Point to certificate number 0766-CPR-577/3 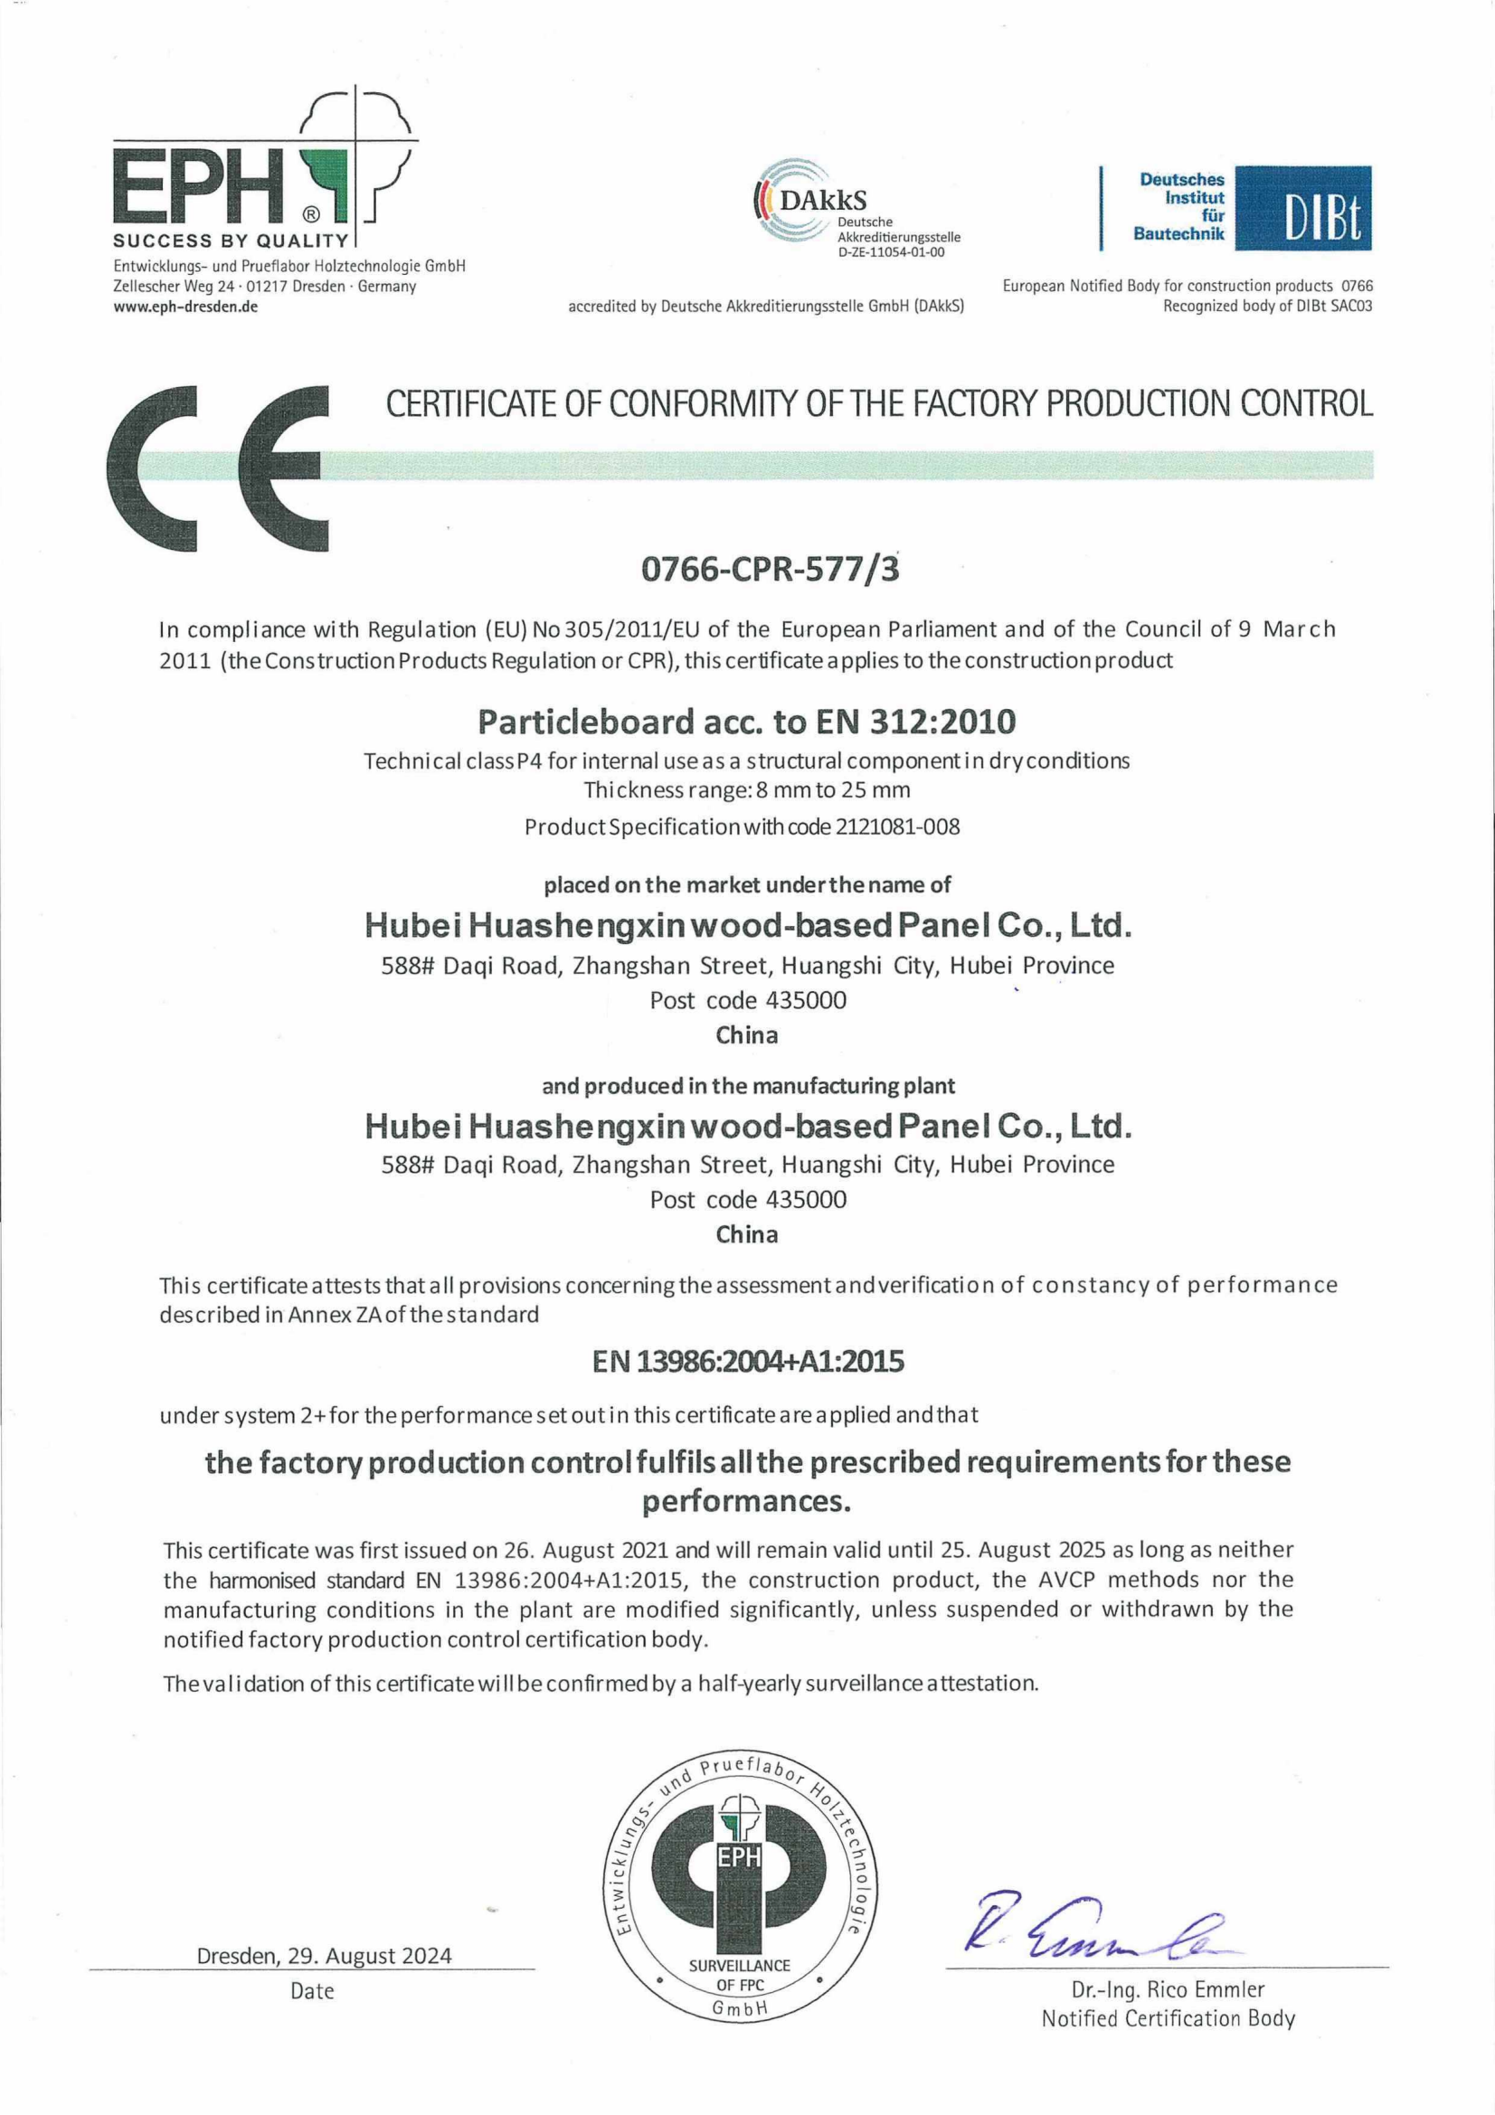pyautogui.click(x=770, y=570)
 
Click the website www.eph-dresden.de pyautogui.click(x=185, y=307)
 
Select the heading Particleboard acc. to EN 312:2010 pyautogui.click(x=746, y=722)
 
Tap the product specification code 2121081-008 pyautogui.click(x=897, y=826)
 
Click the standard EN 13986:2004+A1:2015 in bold pyautogui.click(x=748, y=1362)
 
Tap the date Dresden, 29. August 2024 pyautogui.click(x=325, y=1955)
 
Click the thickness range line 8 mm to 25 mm pyautogui.click(x=746, y=789)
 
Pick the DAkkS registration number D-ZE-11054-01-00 pyautogui.click(x=891, y=252)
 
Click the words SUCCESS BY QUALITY pyautogui.click(x=231, y=241)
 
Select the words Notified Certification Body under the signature pyautogui.click(x=1167, y=2018)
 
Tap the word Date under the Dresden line pyautogui.click(x=312, y=1990)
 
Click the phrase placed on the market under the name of pyautogui.click(x=747, y=885)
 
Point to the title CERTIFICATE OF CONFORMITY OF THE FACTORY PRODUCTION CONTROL pyautogui.click(x=879, y=403)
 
